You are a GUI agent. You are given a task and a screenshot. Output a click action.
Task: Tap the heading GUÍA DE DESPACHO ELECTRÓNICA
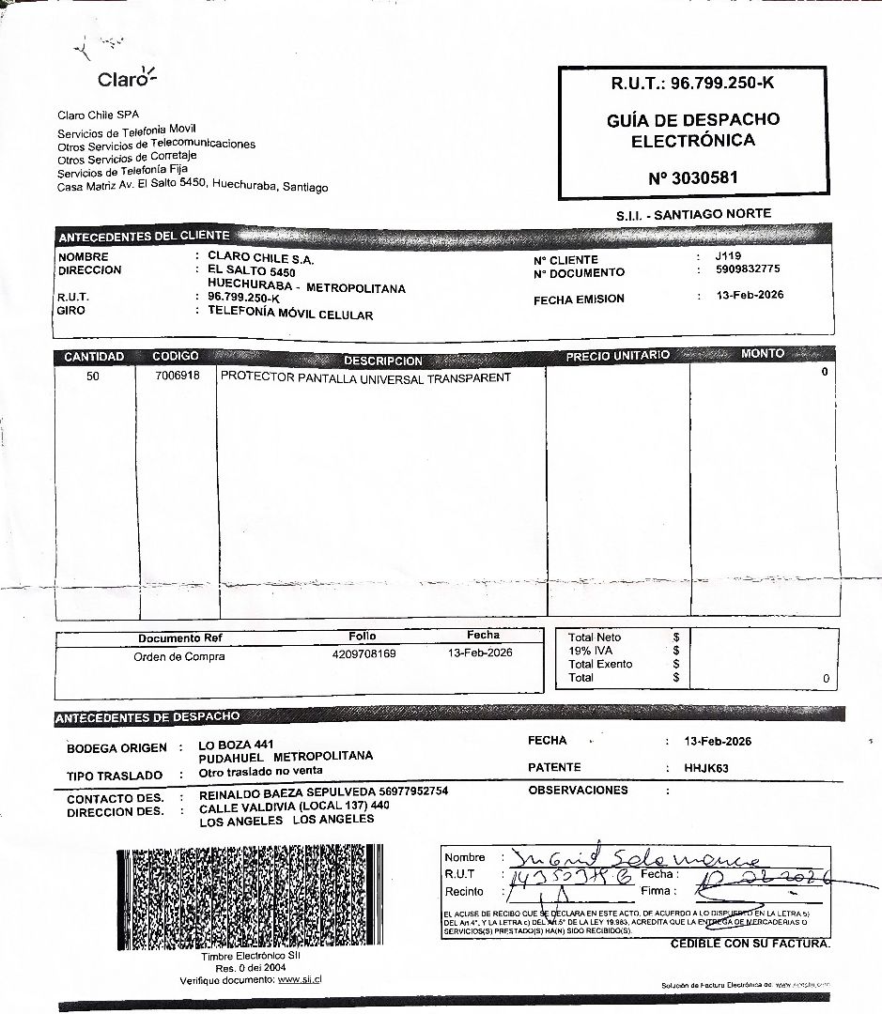tap(693, 131)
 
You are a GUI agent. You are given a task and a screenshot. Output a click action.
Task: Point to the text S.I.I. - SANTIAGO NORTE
tap(693, 214)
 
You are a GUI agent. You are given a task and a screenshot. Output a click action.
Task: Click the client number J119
tap(728, 255)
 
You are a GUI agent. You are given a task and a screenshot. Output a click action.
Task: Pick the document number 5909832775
tap(748, 269)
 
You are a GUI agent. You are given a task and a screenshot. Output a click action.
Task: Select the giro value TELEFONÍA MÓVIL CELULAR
tap(290, 315)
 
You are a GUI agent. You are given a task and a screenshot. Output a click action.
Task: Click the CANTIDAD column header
tap(94, 357)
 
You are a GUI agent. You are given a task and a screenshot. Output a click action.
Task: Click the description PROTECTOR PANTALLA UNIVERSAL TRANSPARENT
tap(365, 377)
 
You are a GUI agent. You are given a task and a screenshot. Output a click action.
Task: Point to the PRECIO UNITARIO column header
tap(617, 356)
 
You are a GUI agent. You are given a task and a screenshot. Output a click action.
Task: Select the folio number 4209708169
tap(364, 653)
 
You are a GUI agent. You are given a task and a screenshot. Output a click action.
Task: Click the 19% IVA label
tap(590, 651)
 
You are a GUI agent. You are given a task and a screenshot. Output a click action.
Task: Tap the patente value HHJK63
tap(706, 768)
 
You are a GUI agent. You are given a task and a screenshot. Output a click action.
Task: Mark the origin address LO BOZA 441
tap(237, 744)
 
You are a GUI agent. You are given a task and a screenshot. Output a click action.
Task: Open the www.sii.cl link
tap(301, 980)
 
